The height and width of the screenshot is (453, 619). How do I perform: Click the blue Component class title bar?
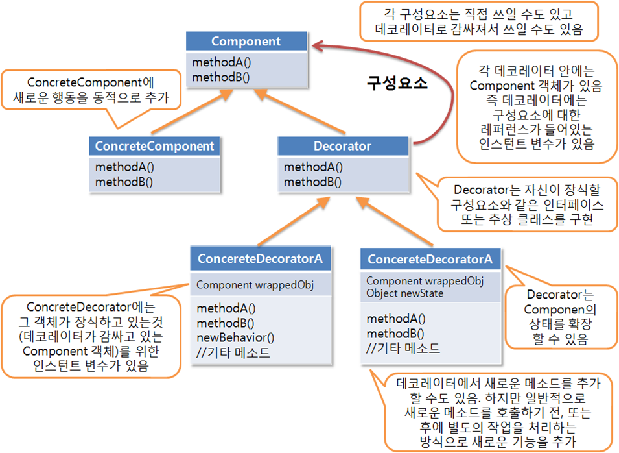(x=246, y=41)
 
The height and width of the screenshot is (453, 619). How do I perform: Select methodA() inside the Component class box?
(x=222, y=62)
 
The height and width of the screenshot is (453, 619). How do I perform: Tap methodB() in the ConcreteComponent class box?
(x=124, y=182)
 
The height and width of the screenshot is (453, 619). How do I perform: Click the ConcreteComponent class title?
(x=154, y=146)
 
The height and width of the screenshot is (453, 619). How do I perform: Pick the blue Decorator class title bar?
(x=343, y=146)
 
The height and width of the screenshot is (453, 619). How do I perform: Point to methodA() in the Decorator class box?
(x=313, y=167)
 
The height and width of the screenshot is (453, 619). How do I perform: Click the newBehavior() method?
(x=235, y=337)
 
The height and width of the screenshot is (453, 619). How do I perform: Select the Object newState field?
(x=404, y=293)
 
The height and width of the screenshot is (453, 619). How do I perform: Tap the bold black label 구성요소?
(x=397, y=84)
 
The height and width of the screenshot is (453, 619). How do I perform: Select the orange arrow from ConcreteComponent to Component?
(x=192, y=111)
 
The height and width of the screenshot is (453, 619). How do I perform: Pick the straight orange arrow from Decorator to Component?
(x=299, y=111)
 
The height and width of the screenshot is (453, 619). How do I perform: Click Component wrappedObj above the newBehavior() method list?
(x=255, y=285)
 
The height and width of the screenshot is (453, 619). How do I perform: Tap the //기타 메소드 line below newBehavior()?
(x=233, y=352)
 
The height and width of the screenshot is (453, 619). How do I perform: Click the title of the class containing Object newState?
(x=430, y=260)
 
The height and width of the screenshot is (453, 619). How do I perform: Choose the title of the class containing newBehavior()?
(x=260, y=258)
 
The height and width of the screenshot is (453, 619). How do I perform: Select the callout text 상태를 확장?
(x=560, y=324)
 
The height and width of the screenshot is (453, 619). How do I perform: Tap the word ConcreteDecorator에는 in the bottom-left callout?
(x=91, y=307)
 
